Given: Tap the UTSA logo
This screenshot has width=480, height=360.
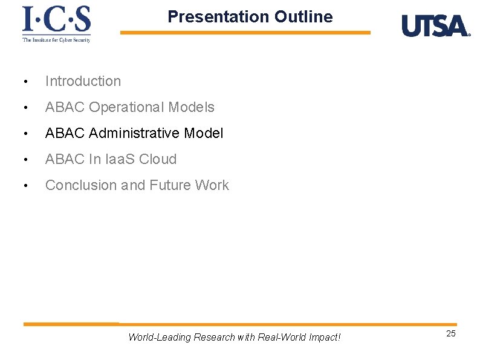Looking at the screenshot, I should (435, 26).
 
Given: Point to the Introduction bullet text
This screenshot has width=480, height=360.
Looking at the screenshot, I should (83, 81).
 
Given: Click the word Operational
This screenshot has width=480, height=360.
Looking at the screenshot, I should (126, 108).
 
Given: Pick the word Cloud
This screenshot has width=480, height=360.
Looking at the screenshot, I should (158, 159).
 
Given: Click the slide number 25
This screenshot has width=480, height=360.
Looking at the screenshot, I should (451, 334).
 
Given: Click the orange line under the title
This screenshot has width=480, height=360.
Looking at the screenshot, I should (245, 33).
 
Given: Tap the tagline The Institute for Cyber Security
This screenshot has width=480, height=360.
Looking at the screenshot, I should (56, 40).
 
